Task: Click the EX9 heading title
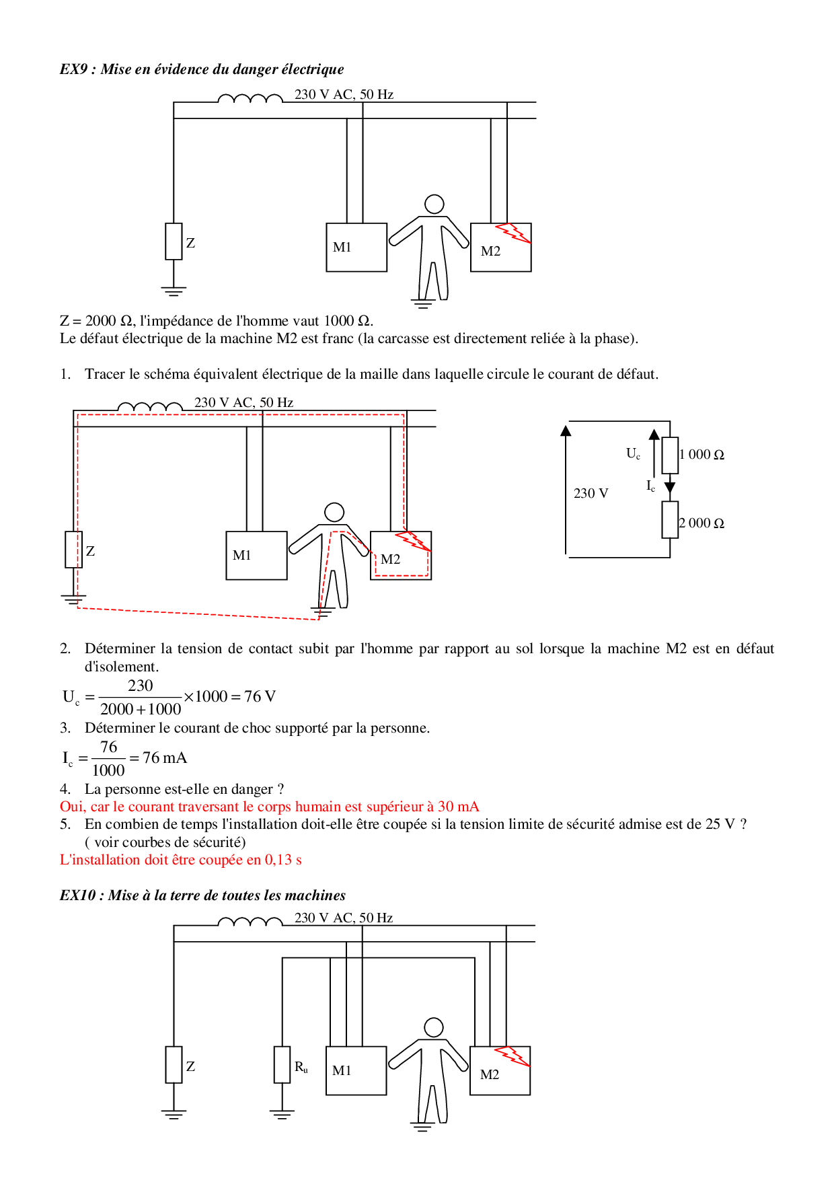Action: click(x=202, y=69)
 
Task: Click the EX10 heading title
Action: click(x=202, y=895)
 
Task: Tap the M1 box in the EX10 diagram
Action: click(x=356, y=1070)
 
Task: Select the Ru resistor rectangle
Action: click(x=282, y=1064)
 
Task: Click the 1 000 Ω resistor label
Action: click(x=702, y=455)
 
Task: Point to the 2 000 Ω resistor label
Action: click(x=702, y=523)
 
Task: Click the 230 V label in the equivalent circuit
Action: click(x=591, y=494)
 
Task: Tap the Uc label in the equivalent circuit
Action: click(x=633, y=453)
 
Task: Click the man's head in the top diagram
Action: click(x=434, y=204)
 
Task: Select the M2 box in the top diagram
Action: click(x=500, y=248)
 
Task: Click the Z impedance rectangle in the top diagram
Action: click(x=174, y=242)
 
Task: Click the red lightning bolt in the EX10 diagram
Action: click(x=513, y=1056)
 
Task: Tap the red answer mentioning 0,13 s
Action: click(x=180, y=860)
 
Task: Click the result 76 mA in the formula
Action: click(x=164, y=758)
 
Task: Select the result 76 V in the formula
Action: click(x=260, y=696)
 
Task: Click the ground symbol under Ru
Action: click(x=282, y=1114)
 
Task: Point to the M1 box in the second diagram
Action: click(x=256, y=556)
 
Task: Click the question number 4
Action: click(x=65, y=789)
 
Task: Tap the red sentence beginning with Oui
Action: click(x=269, y=807)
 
